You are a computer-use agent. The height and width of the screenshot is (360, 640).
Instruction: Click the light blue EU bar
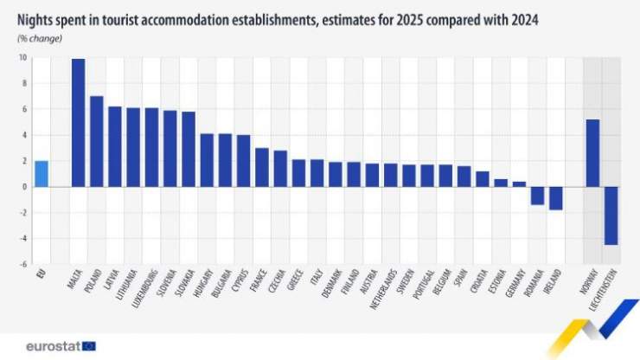point(42,174)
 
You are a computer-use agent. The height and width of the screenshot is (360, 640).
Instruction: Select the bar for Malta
point(78,123)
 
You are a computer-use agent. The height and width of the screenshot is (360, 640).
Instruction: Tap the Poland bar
point(96,141)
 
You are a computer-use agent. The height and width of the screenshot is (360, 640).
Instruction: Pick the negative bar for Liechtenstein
point(611,215)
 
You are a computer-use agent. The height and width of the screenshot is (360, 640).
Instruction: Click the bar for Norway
point(592,153)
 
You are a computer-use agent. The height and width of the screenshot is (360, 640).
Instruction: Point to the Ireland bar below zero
point(555,198)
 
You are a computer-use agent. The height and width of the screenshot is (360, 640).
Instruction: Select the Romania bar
point(537,196)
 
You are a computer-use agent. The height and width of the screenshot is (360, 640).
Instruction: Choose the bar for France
point(261,167)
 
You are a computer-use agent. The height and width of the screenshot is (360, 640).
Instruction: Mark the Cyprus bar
point(243,161)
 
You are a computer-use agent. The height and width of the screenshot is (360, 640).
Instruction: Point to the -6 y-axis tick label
point(22,264)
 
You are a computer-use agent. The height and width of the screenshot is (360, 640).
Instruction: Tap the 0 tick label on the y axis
point(24,187)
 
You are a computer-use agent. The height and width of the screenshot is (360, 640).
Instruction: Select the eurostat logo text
point(53,345)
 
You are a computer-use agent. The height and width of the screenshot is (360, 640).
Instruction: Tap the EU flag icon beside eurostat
point(88,345)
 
